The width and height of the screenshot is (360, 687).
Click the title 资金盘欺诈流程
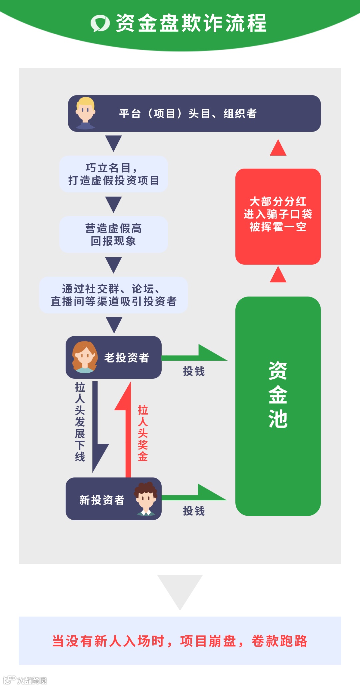pyautogui.click(x=191, y=23)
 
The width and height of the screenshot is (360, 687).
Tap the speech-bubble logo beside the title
pyautogui.click(x=100, y=23)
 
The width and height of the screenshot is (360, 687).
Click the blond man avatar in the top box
pyautogui.click(x=85, y=113)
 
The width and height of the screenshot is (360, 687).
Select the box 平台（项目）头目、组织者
pyautogui.click(x=194, y=114)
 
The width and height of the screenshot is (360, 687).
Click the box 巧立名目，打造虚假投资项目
pyautogui.click(x=114, y=174)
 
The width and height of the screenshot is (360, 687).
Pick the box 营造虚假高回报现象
pyautogui.click(x=114, y=234)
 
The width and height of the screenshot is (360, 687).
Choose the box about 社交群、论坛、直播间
pyautogui.click(x=114, y=295)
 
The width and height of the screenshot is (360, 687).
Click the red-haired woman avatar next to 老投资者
pyautogui.click(x=85, y=357)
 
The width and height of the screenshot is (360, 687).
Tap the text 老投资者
pyautogui.click(x=127, y=358)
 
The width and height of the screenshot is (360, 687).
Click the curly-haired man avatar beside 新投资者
pyautogui.click(x=146, y=499)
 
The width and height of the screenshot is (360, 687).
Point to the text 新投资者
pyautogui.click(x=102, y=500)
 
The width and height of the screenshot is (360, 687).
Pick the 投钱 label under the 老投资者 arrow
pyautogui.click(x=194, y=371)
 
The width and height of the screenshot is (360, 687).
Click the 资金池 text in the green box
pyautogui.click(x=278, y=395)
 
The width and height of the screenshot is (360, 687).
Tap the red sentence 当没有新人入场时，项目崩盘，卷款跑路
pyautogui.click(x=180, y=641)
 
